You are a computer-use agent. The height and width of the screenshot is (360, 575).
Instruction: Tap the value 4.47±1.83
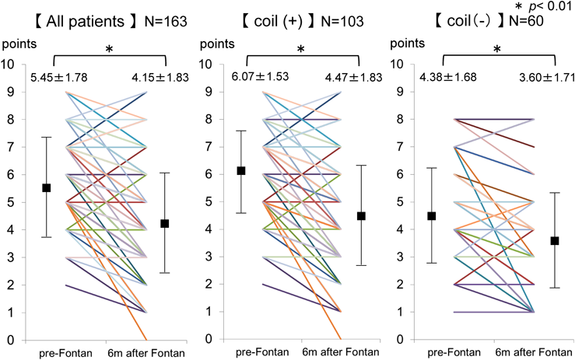[x=352, y=77]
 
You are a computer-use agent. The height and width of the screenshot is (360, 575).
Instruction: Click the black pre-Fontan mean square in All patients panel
[x=47, y=187]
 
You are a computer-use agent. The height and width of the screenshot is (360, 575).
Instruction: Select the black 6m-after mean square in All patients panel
[x=164, y=224]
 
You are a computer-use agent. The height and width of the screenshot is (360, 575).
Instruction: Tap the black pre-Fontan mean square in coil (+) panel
[x=241, y=171]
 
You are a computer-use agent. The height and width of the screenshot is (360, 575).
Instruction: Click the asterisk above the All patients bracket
[x=109, y=49]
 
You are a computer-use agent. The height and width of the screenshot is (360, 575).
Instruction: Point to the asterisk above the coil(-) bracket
[x=499, y=49]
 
